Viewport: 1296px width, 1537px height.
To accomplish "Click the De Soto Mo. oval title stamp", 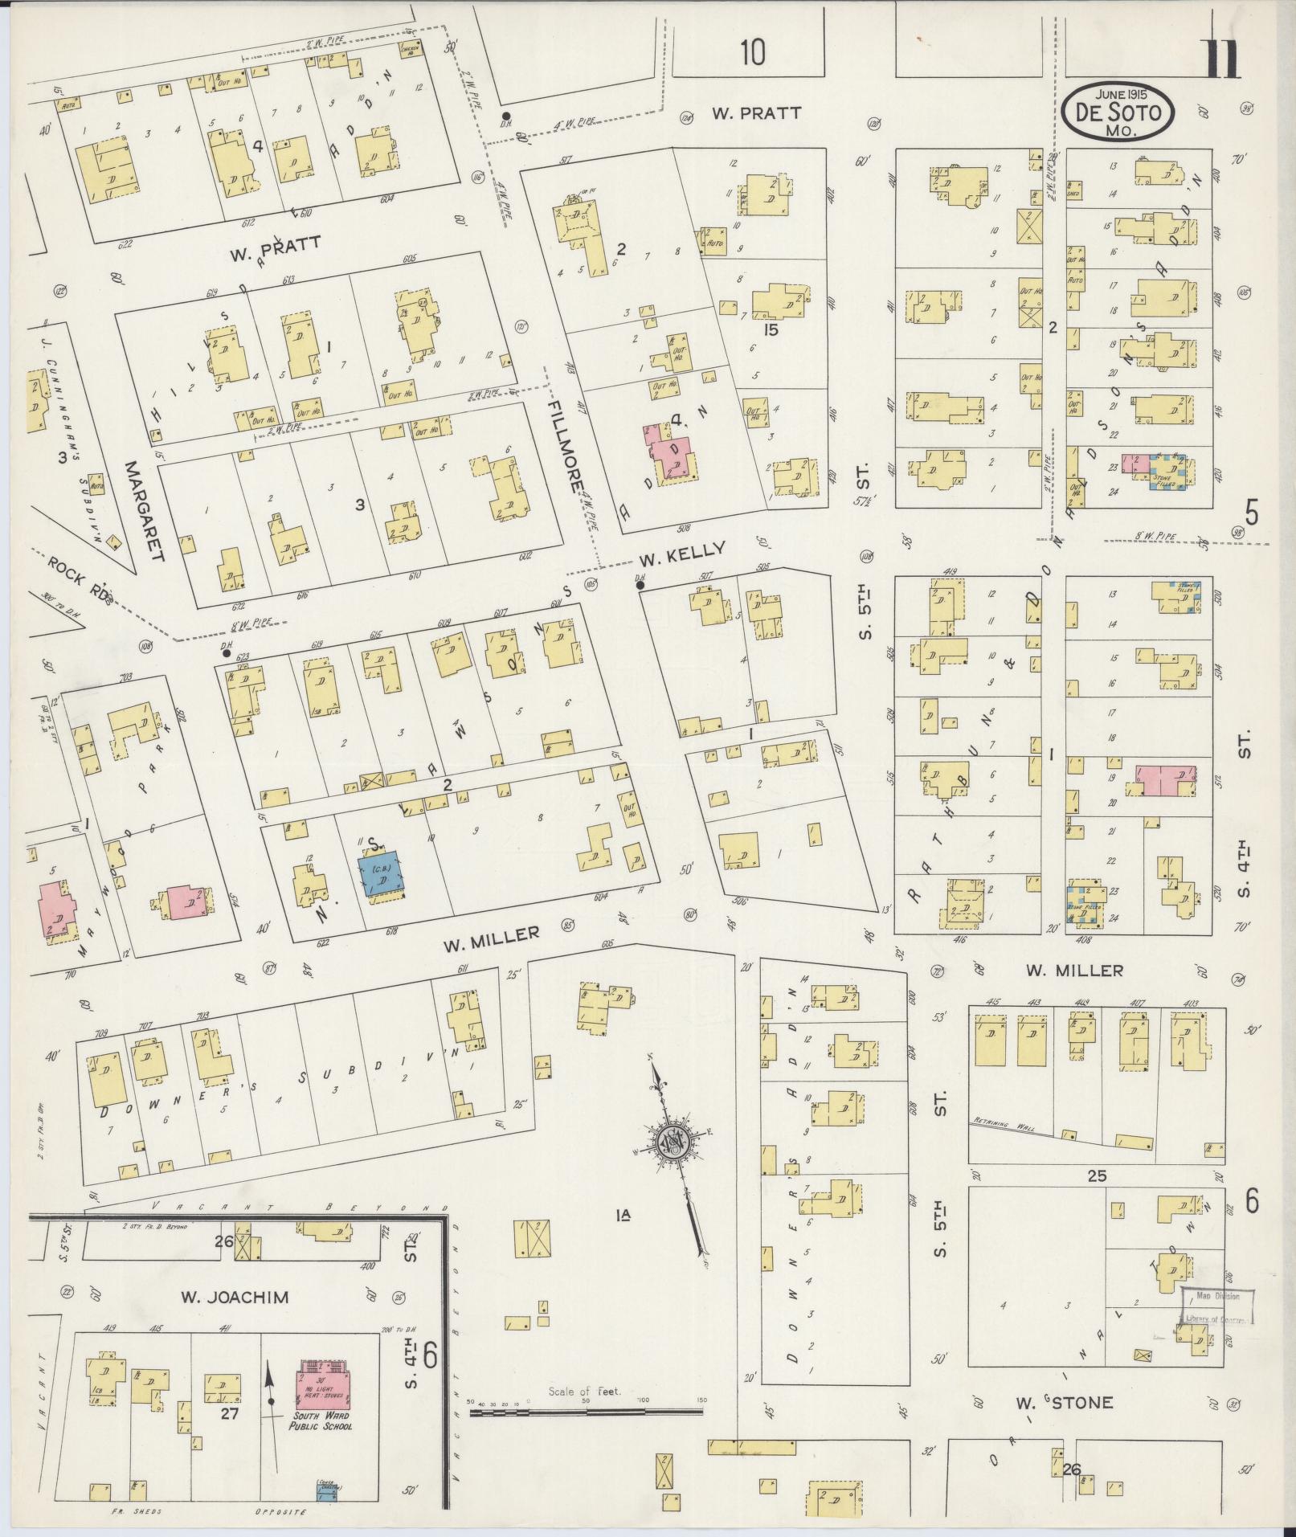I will tap(1117, 113).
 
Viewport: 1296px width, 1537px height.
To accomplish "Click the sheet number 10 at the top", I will tap(752, 53).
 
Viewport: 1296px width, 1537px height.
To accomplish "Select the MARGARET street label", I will tap(145, 509).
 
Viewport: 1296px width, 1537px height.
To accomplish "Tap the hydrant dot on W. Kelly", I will tap(640, 585).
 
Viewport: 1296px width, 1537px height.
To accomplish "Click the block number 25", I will tap(1096, 1176).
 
